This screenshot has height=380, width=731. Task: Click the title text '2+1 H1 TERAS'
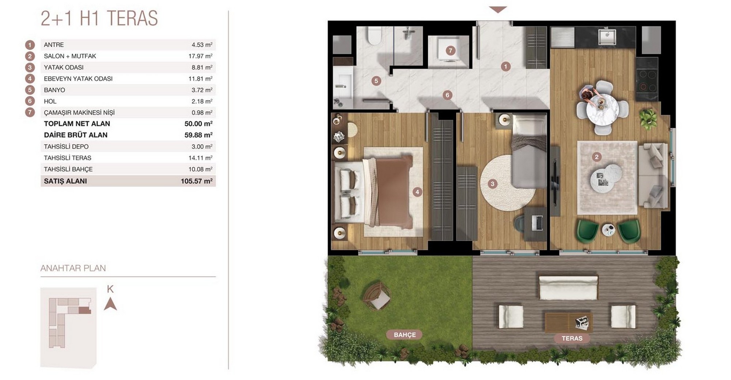[99, 18]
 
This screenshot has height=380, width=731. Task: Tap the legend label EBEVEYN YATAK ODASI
[78, 79]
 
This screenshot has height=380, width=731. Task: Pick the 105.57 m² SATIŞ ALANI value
[197, 181]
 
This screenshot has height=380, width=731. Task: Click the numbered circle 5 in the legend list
[30, 90]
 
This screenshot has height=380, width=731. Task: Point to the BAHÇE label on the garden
[405, 335]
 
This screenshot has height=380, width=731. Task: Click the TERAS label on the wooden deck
[572, 338]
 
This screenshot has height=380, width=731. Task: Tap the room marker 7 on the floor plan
[450, 51]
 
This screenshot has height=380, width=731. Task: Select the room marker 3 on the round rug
[492, 184]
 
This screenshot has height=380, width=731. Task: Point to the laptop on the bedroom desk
[537, 223]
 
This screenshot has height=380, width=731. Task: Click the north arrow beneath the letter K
[110, 304]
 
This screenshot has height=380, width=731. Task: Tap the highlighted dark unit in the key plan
[85, 311]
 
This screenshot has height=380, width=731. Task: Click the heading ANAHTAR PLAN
[73, 268]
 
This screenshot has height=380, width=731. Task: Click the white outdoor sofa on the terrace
[568, 288]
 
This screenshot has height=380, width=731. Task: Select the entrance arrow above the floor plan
[497, 10]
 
